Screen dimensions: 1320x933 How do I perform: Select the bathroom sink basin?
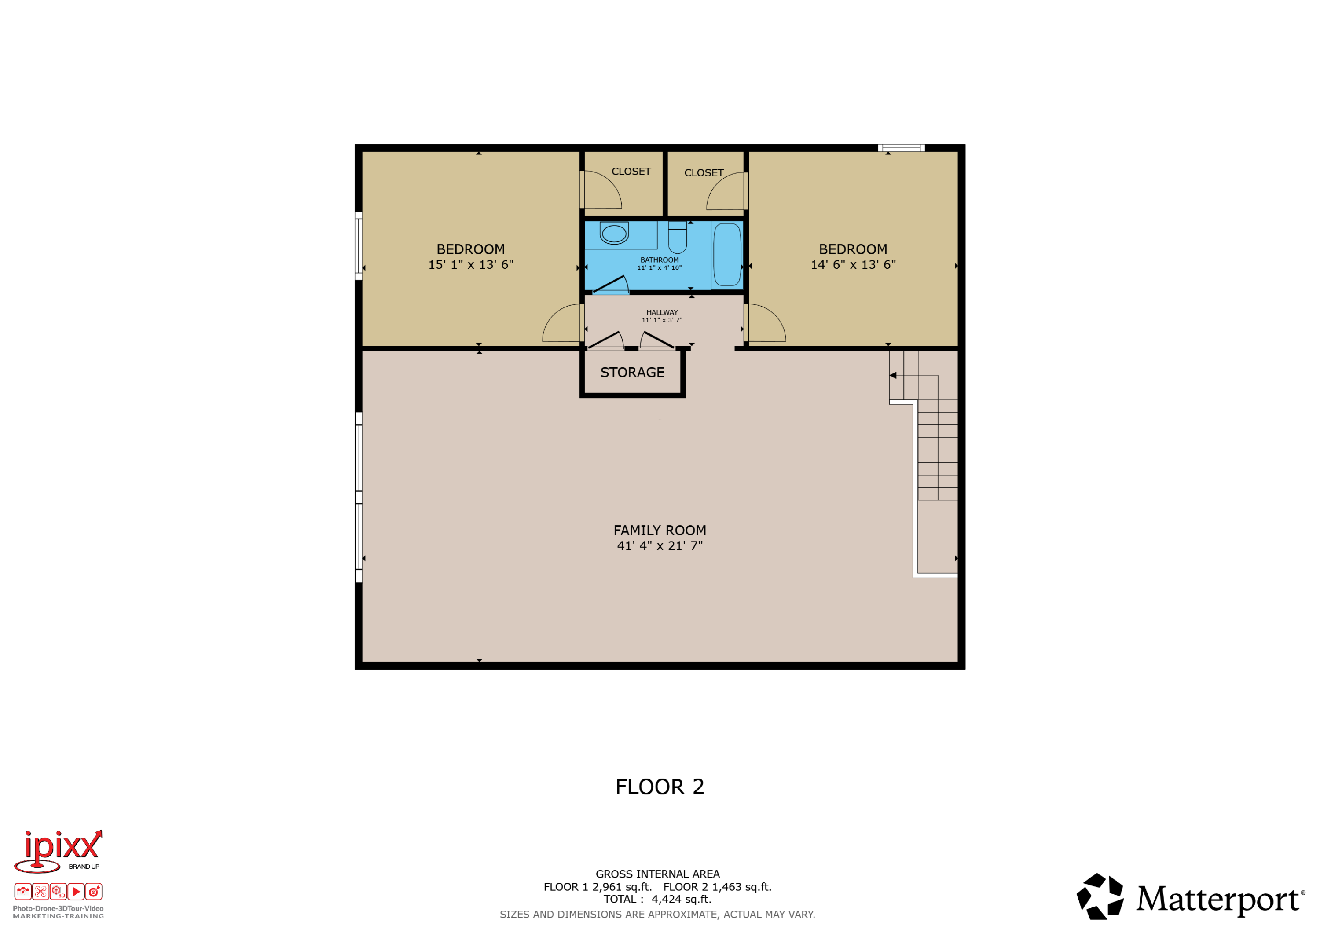tap(614, 234)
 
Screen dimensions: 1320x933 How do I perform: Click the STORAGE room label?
tap(632, 373)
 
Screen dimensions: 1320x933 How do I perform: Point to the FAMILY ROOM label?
tap(660, 531)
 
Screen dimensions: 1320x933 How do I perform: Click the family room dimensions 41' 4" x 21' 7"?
tap(660, 545)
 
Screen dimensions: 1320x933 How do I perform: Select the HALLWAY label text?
tap(662, 313)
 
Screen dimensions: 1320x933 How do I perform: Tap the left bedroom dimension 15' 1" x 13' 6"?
tap(471, 264)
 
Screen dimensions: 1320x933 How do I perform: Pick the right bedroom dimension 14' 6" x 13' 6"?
tap(853, 264)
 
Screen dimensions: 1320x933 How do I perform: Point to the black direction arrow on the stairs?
tap(893, 375)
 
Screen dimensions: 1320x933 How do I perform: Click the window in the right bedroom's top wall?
tap(901, 148)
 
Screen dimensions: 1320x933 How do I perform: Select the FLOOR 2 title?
tap(660, 787)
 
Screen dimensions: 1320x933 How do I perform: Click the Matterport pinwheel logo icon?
tap(1100, 897)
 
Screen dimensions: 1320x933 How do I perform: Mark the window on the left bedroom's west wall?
tap(358, 246)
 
